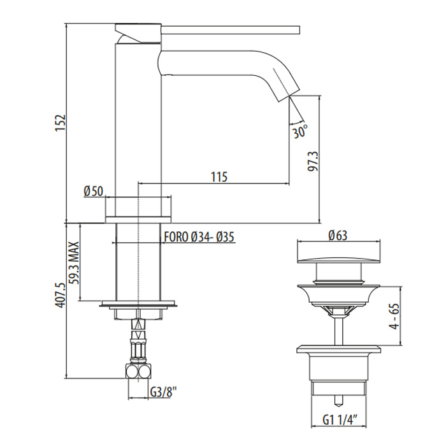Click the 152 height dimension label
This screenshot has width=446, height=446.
(x=61, y=123)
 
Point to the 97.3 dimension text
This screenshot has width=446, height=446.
(x=313, y=161)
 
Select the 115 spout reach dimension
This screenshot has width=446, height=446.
(x=219, y=177)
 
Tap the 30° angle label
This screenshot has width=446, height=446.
(x=300, y=131)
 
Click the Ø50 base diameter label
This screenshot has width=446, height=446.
(x=93, y=191)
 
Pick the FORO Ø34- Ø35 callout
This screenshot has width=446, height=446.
(x=199, y=237)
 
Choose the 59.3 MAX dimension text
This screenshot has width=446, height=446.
(x=75, y=263)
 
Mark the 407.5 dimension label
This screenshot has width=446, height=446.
(x=61, y=295)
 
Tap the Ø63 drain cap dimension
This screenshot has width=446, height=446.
(x=338, y=236)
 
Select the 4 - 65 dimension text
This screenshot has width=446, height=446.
(x=395, y=317)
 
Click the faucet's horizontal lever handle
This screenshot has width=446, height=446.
(x=231, y=30)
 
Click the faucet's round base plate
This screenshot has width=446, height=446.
(x=138, y=220)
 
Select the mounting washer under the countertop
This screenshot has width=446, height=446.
(x=138, y=304)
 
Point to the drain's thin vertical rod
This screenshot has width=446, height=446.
(x=339, y=331)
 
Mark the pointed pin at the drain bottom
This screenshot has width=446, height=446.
(x=339, y=400)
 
